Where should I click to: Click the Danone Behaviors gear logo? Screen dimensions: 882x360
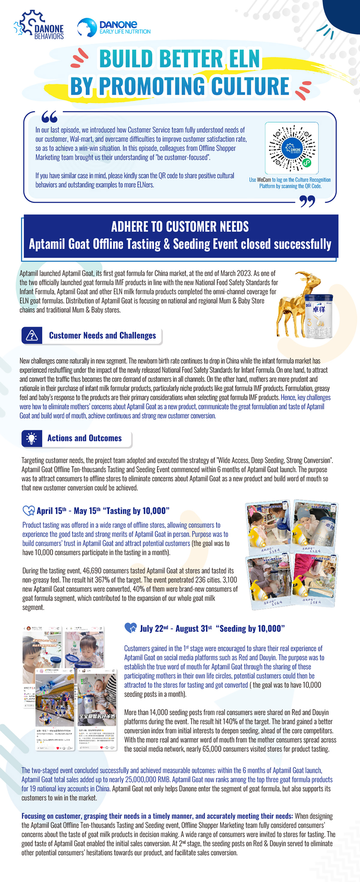38,25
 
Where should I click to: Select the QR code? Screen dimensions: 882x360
292,148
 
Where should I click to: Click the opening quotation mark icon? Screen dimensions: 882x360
49,117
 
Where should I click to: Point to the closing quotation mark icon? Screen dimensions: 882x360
307,201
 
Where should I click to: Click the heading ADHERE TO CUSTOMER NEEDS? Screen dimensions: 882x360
180,227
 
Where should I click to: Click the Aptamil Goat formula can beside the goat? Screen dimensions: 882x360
319,317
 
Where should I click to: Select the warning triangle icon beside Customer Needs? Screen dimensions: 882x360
32,335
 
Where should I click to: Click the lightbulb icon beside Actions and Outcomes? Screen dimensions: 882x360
31,438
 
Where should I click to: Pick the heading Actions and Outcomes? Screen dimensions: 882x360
84,438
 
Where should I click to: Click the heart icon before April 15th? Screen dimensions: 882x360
28,511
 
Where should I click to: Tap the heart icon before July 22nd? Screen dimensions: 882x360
130,628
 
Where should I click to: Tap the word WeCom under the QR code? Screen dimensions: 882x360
264,180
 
